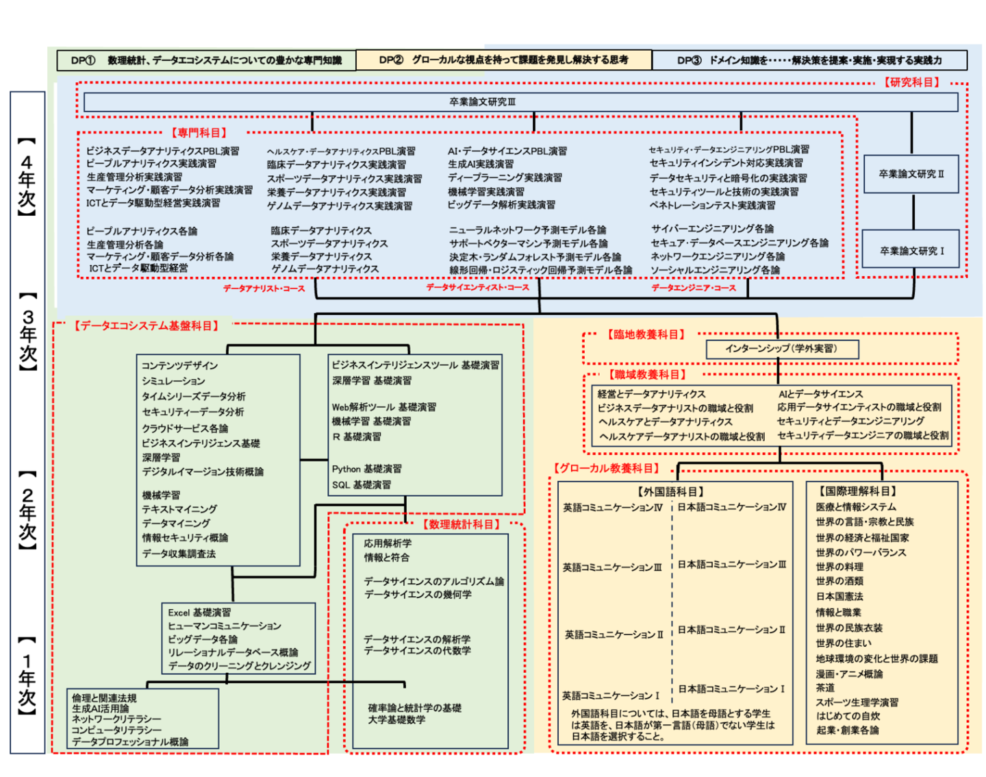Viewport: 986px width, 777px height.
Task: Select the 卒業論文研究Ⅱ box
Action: point(911,174)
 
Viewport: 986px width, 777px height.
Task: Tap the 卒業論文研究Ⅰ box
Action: point(911,251)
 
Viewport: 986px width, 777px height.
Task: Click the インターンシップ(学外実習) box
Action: point(781,349)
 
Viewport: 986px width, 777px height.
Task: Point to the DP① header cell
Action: point(206,60)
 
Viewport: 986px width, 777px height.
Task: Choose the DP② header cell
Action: point(503,60)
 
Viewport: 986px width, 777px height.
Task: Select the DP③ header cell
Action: point(809,60)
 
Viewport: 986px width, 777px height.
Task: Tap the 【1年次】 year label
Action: point(27,675)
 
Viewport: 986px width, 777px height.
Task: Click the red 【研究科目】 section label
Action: point(911,82)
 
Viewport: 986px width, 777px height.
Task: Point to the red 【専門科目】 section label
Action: point(199,133)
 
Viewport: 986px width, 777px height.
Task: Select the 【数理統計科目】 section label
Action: point(462,524)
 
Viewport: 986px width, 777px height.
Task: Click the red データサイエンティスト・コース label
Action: point(478,288)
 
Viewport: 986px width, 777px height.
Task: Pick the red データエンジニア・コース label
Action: point(694,288)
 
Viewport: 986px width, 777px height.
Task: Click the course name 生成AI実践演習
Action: point(481,164)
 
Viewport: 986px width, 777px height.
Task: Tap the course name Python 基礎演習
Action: point(367,469)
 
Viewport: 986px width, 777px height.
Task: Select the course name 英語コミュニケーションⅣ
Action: point(613,508)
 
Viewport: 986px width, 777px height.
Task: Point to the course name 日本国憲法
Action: point(839,597)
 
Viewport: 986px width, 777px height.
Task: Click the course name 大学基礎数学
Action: point(396,720)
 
